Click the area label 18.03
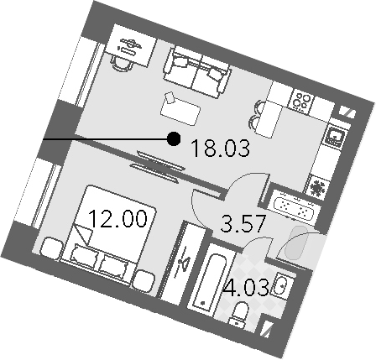pyautogui.click(x=220, y=149)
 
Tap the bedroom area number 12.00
pyautogui.click(x=117, y=218)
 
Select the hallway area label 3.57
pyautogui.click(x=243, y=223)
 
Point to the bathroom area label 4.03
pyautogui.click(x=246, y=287)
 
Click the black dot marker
pyautogui.click(x=174, y=138)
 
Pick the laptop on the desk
pyautogui.click(x=129, y=46)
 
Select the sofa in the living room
pyautogui.click(x=197, y=71)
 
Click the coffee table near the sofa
pyautogui.click(x=180, y=109)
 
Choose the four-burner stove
pyautogui.click(x=302, y=101)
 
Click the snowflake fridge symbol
pyautogui.click(x=319, y=186)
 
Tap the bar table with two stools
pyautogui.click(x=266, y=118)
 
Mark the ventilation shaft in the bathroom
pyautogui.click(x=265, y=327)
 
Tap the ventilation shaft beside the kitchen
pyautogui.click(x=347, y=112)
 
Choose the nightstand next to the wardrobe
pyautogui.click(x=144, y=280)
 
